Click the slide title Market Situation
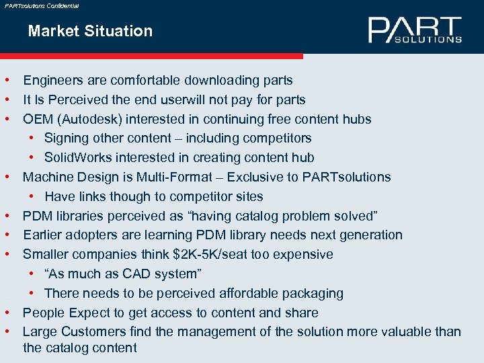coord(90,31)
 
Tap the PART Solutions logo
coord(415,30)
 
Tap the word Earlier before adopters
coord(44,235)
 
